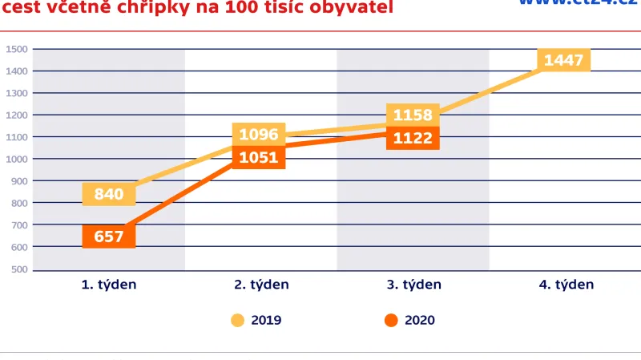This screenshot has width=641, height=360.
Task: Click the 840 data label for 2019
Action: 109,193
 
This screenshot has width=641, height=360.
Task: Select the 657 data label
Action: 109,237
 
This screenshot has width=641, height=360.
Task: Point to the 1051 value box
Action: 258,157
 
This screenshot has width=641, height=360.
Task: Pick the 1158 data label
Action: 413,115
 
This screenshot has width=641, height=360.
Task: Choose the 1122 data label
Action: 413,138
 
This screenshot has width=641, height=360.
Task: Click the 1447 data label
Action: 564,60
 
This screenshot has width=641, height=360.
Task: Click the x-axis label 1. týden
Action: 109,285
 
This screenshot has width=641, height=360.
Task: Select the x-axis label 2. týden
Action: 261,285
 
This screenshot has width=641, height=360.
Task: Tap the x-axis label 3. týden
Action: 413,285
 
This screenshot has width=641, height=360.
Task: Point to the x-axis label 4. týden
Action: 566,285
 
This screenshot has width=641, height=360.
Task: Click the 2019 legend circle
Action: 238,321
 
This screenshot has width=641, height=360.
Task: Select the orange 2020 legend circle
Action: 391,321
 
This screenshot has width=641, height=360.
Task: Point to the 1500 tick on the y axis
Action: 18,50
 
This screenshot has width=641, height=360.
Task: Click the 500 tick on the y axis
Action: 19,269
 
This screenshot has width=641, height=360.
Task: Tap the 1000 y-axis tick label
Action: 18,159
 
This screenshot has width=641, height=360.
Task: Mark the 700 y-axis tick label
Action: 19,224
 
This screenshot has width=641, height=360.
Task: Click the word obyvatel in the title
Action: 353,8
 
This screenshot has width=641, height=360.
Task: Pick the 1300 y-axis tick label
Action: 18,93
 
